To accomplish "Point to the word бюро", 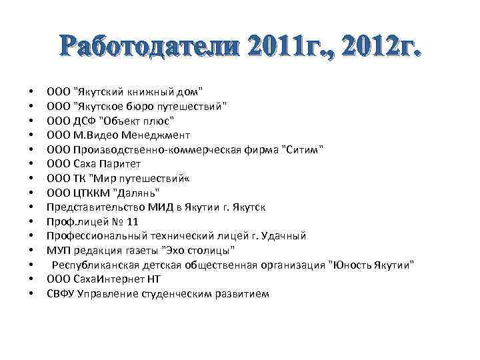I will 141,106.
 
